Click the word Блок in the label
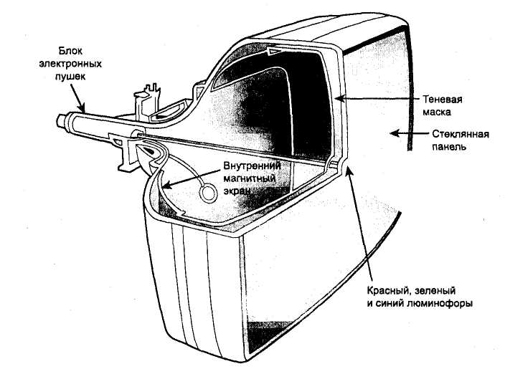(x=72, y=52)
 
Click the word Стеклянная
(x=461, y=134)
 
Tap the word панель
(x=452, y=146)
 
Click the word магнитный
(x=249, y=178)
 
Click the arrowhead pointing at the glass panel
(x=391, y=130)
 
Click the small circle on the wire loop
(x=208, y=193)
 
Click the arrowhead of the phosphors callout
(x=347, y=169)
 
